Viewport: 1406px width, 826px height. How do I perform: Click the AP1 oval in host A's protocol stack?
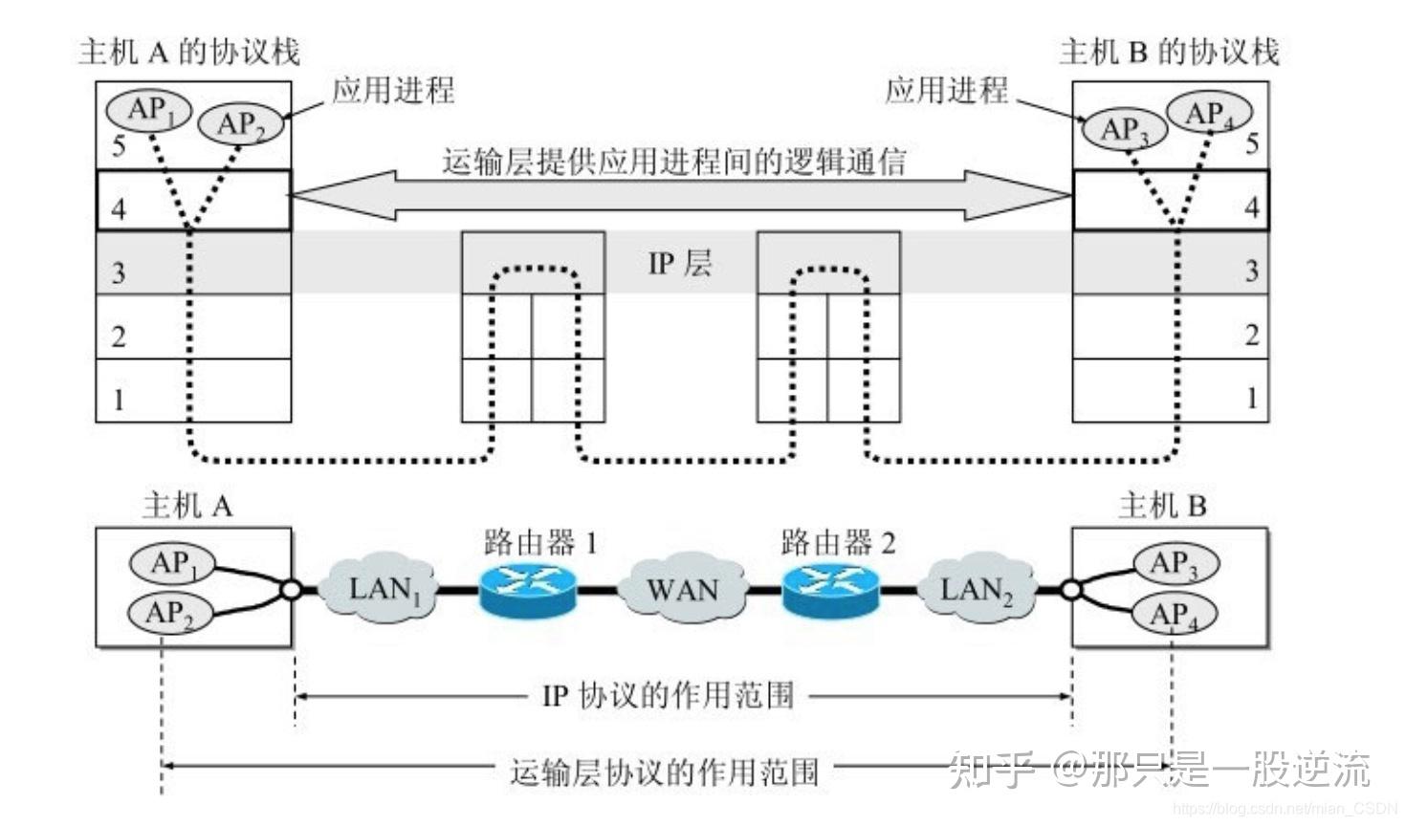click(148, 110)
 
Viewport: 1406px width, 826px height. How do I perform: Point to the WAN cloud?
click(681, 589)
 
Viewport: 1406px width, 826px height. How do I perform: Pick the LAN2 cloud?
click(976, 589)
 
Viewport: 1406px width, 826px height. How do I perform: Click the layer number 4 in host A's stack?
click(119, 208)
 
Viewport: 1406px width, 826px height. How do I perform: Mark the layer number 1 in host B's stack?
click(1251, 398)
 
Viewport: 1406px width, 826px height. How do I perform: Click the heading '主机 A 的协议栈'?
click(189, 52)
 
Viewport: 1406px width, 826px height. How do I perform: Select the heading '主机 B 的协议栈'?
click(1169, 52)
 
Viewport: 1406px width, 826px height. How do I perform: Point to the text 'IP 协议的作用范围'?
click(668, 695)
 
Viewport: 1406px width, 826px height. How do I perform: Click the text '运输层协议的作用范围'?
click(665, 771)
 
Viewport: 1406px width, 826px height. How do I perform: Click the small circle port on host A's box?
click(291, 590)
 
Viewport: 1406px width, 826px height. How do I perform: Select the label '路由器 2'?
click(838, 543)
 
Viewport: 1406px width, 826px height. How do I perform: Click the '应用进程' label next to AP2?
click(393, 91)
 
